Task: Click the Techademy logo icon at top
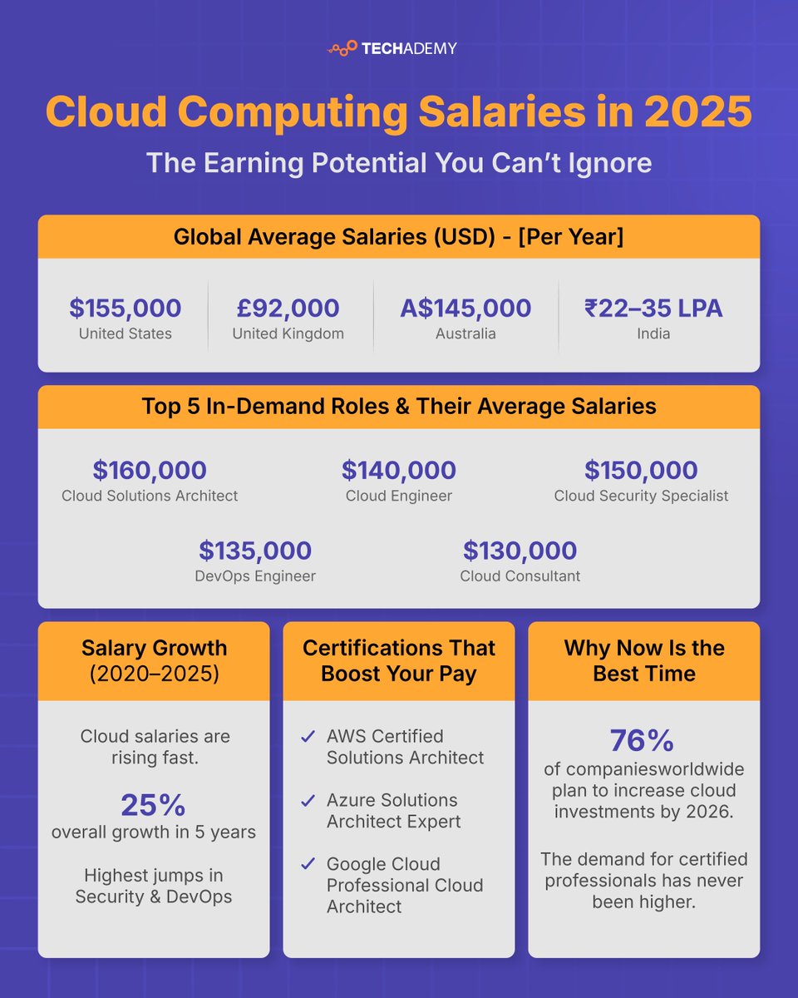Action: [x=342, y=48]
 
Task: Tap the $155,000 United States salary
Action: [x=126, y=309]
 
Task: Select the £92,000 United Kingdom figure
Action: [x=288, y=309]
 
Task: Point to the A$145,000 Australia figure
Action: [x=465, y=309]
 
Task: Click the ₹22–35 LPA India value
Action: [x=653, y=309]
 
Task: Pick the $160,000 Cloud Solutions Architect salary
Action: [x=150, y=471]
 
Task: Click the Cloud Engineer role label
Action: [x=399, y=497]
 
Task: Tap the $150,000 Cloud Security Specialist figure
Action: [x=641, y=471]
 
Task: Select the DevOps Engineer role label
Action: [x=255, y=576]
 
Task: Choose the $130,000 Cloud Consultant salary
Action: [x=520, y=551]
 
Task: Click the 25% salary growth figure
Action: [x=153, y=805]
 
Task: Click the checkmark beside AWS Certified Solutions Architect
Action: [x=308, y=737]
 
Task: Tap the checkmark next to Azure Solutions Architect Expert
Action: [x=308, y=801]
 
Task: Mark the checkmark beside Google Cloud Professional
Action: [x=308, y=865]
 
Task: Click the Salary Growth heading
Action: [x=154, y=649]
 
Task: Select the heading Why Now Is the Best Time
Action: [x=644, y=661]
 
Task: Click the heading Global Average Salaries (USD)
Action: [x=399, y=237]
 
